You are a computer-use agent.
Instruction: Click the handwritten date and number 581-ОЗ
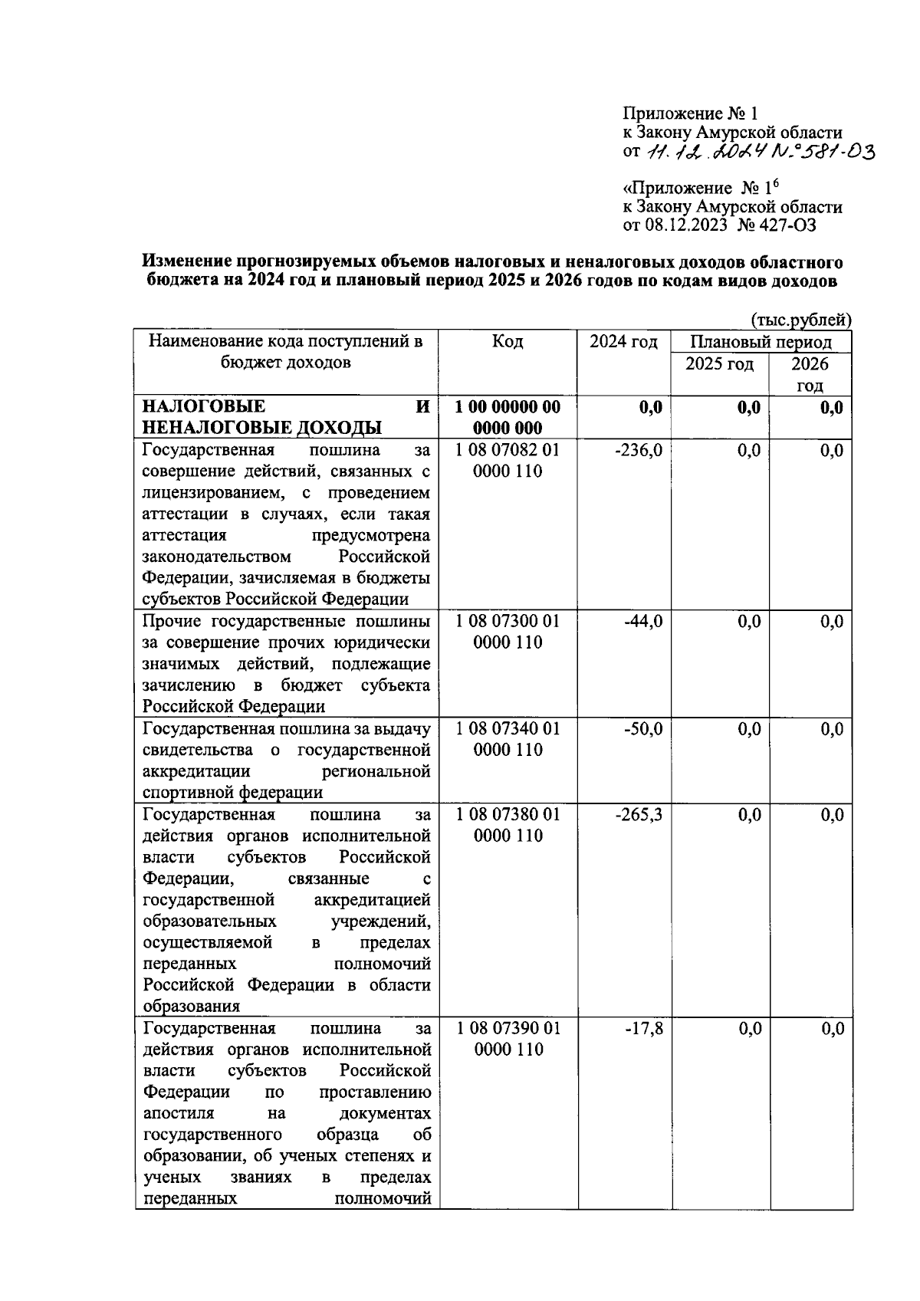pos(759,153)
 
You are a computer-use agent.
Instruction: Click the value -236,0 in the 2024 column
pos(638,451)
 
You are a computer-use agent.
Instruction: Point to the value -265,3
pos(638,815)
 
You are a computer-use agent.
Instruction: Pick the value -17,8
pos(643,1029)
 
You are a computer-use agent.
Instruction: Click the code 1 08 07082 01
pos(508,451)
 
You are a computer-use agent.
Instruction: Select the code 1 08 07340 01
pos(508,729)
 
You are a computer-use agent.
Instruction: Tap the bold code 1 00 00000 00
pos(508,407)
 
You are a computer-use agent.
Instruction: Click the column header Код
pos(508,342)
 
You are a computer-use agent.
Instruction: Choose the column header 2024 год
pos(623,342)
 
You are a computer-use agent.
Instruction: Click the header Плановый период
pos(761,342)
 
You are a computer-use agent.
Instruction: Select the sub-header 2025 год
pos(719,363)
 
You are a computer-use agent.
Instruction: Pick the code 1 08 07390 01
pos(508,1029)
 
